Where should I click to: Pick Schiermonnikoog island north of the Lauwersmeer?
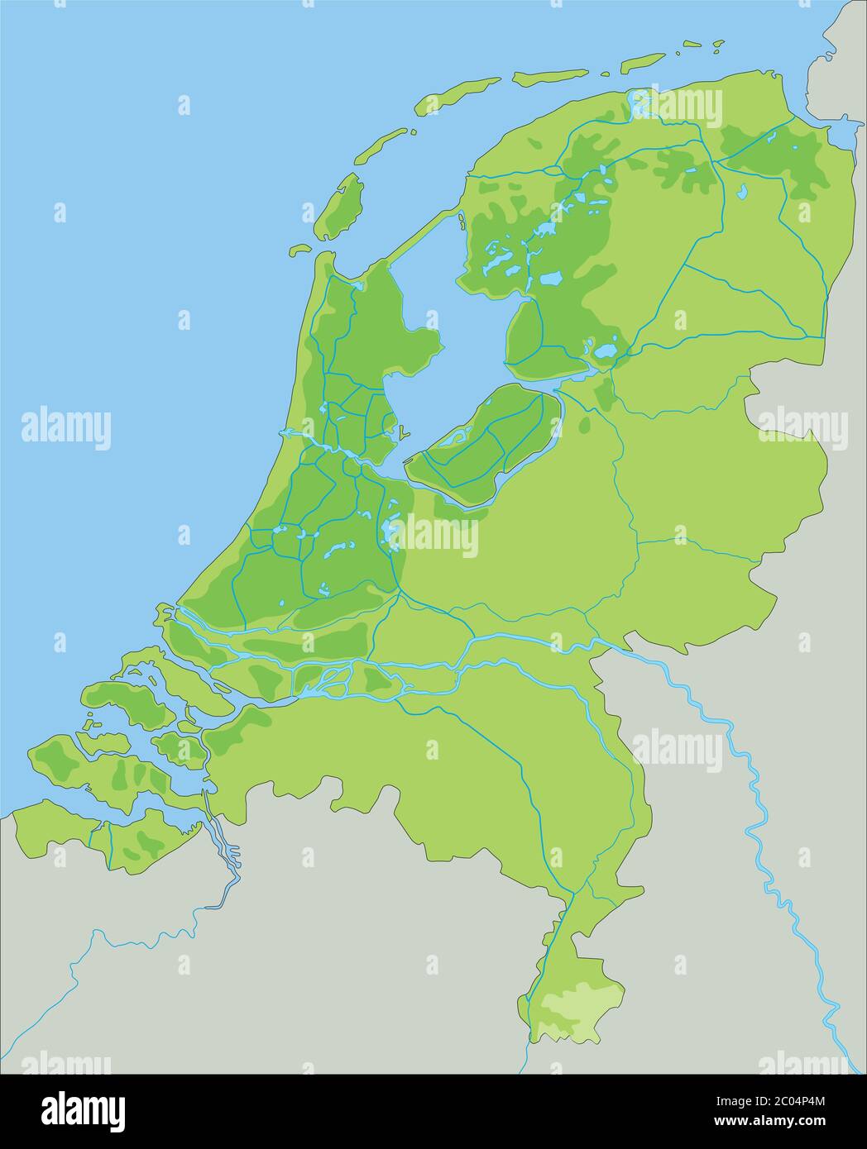tap(642, 61)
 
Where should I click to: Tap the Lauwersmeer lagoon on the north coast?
tap(639, 104)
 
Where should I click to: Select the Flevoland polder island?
tap(488, 446)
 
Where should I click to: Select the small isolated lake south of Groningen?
tap(742, 193)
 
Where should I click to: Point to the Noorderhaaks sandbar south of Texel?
tap(299, 249)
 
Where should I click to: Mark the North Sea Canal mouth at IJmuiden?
tap(285, 432)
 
